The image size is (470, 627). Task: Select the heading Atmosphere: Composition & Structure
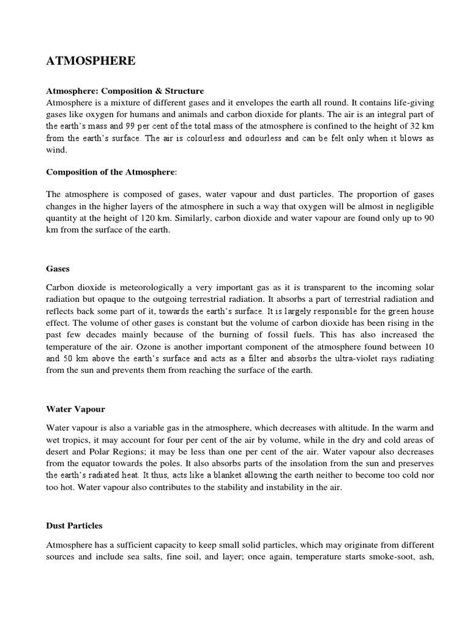tap(125, 91)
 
